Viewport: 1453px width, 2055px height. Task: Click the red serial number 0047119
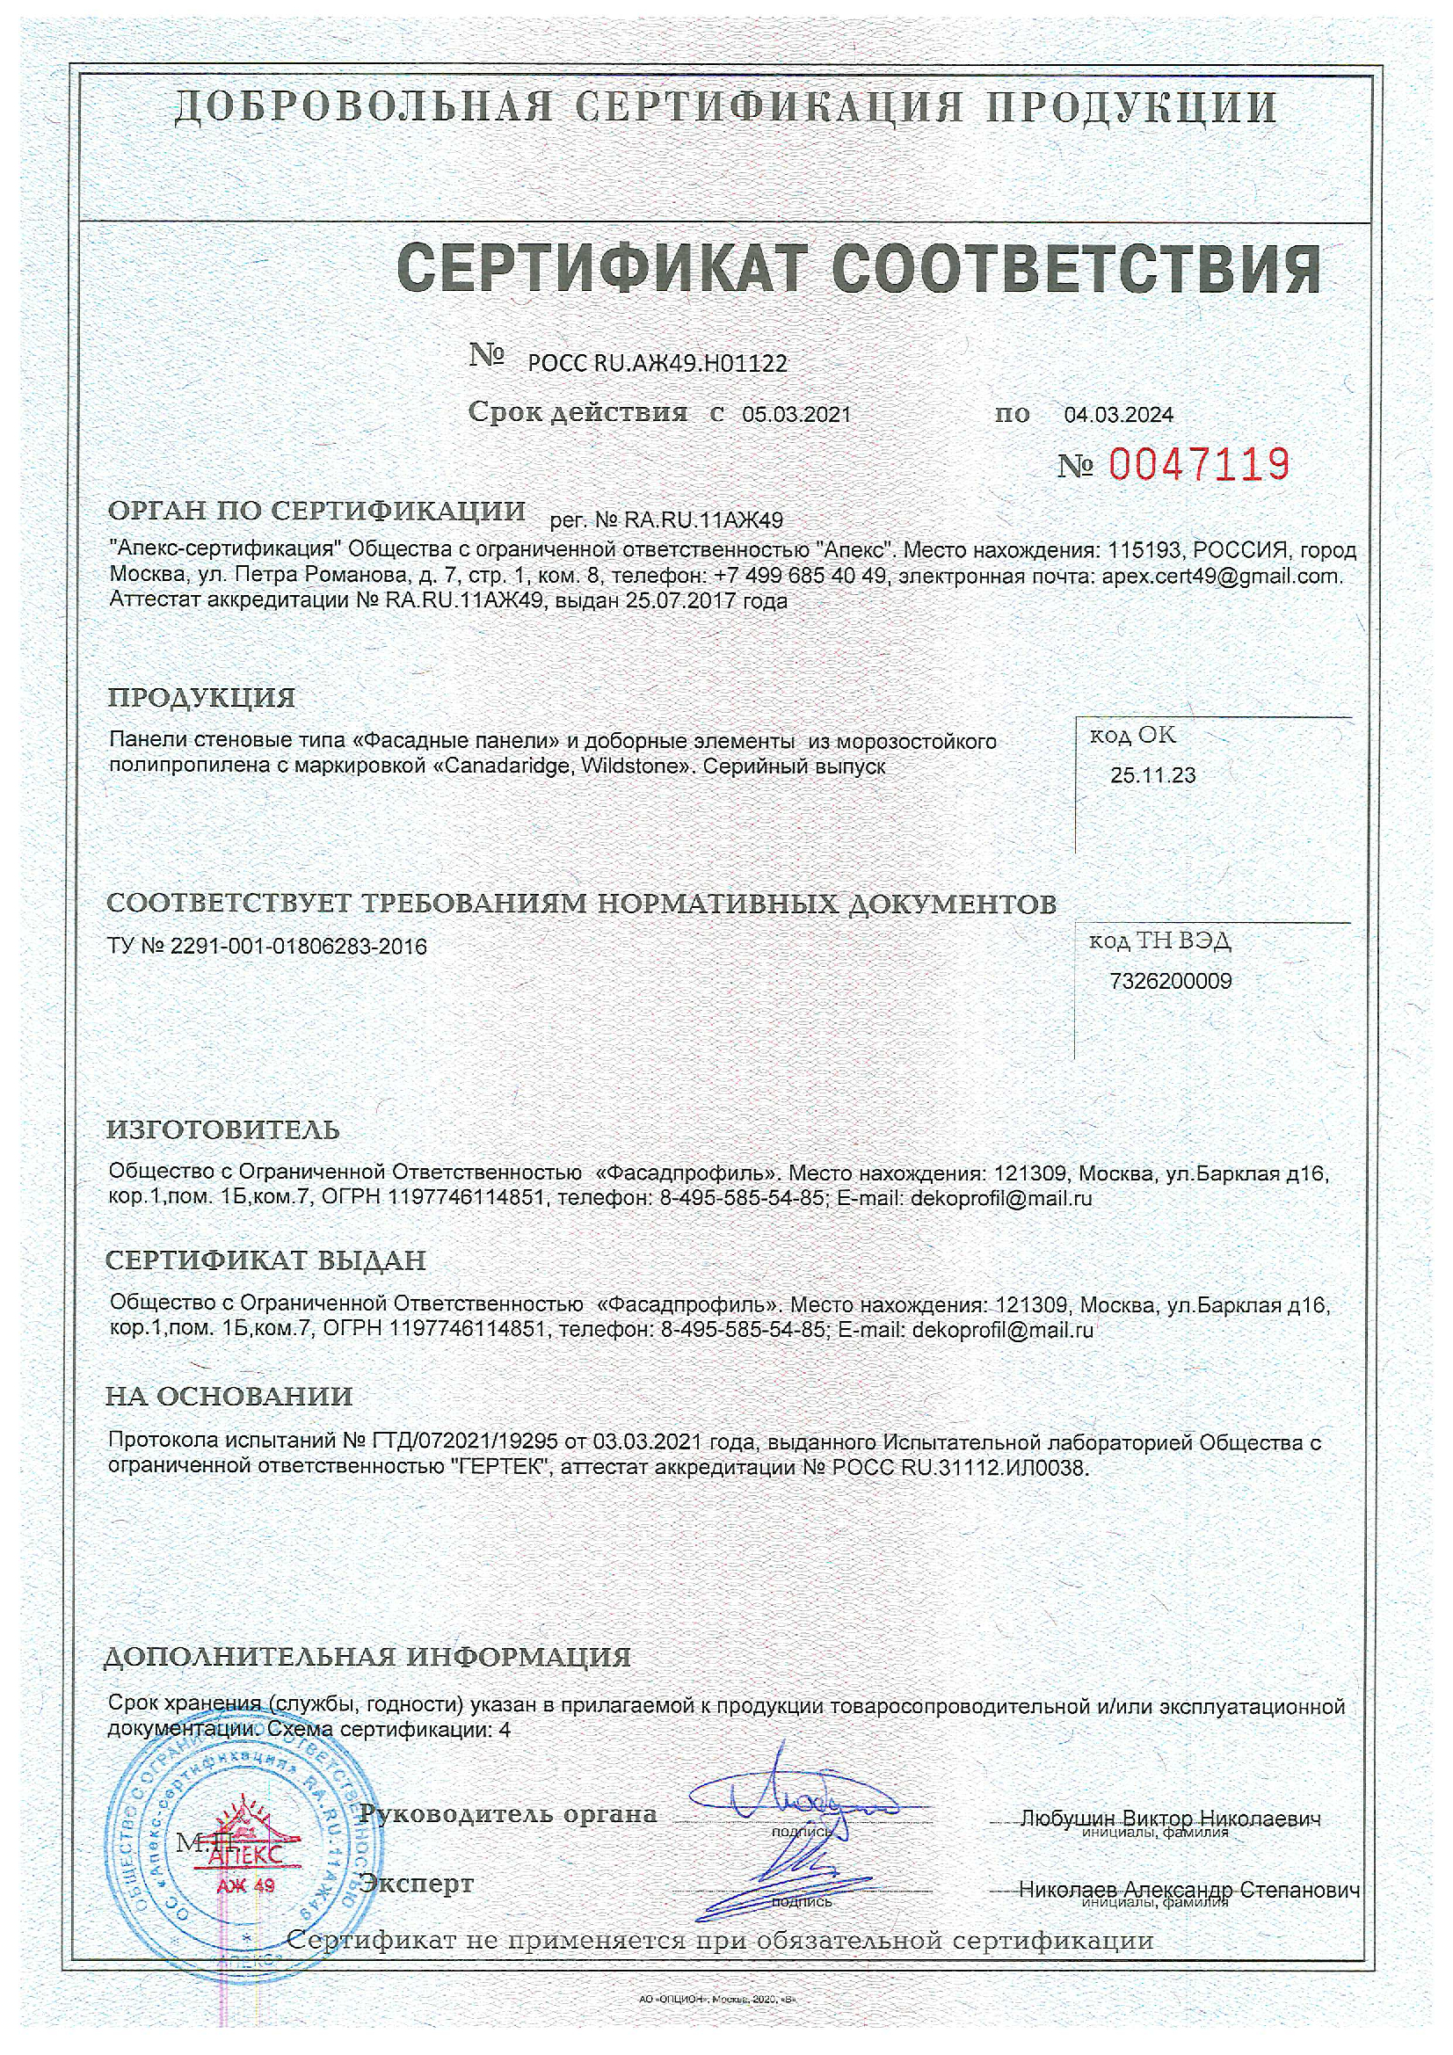pos(1199,464)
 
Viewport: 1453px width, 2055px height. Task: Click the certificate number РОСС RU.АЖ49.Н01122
pos(657,363)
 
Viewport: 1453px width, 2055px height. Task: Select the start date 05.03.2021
pos(796,414)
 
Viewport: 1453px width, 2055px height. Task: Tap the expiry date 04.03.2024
pos(1118,414)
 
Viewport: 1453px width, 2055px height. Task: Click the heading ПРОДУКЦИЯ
pos(201,697)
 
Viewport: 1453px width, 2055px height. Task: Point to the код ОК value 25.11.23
pos(1152,775)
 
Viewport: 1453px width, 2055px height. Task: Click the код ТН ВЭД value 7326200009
pos(1170,981)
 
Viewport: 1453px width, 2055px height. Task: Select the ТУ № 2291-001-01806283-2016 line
pos(267,946)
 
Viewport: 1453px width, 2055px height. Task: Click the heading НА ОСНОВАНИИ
pos(229,1397)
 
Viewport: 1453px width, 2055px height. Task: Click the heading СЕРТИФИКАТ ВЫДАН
pos(265,1260)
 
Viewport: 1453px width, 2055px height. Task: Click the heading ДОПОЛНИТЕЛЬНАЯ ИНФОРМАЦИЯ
pos(368,1657)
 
